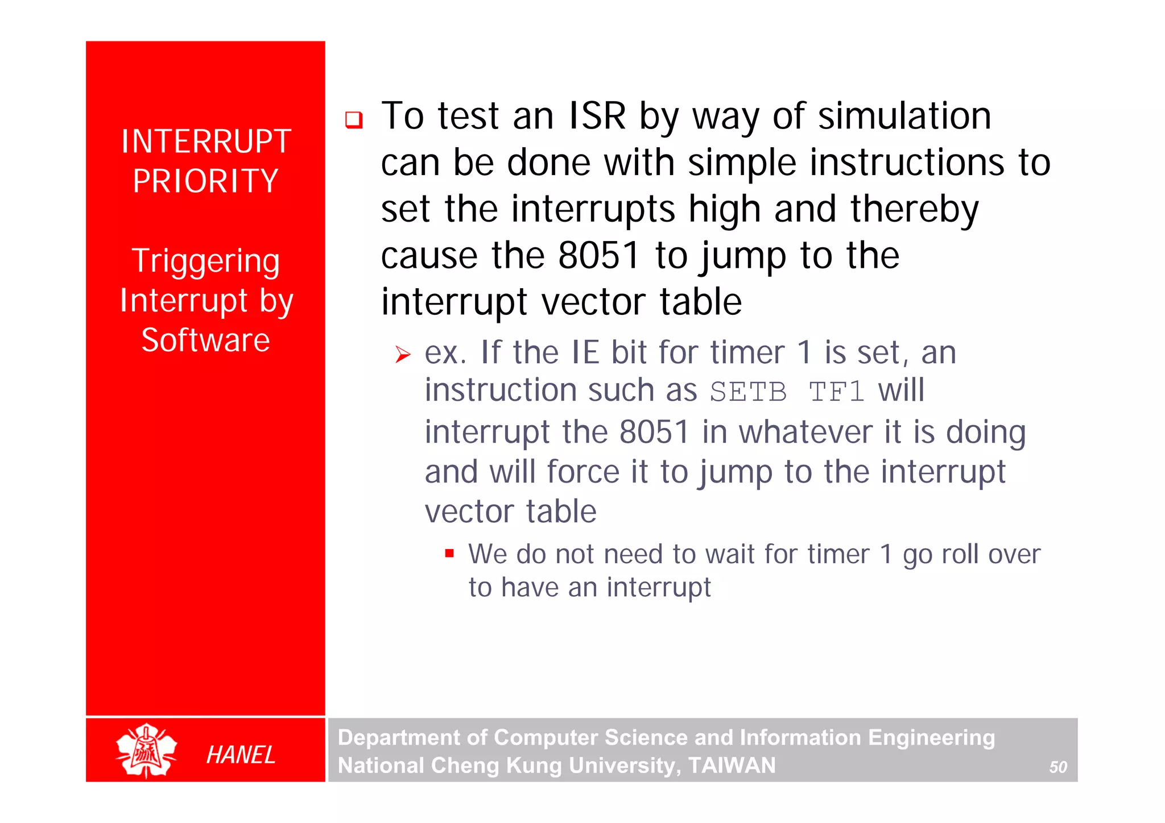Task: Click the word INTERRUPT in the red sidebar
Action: (x=206, y=142)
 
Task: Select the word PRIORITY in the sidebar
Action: (x=205, y=181)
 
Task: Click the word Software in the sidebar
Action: (x=205, y=340)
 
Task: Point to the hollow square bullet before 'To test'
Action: (x=354, y=120)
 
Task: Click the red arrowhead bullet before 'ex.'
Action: (x=403, y=355)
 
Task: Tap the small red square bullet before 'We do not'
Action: (x=449, y=553)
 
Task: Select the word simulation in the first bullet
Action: (x=904, y=117)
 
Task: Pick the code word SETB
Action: (x=748, y=392)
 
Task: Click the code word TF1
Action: (x=836, y=392)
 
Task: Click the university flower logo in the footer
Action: (x=146, y=751)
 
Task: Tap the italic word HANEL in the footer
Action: (x=241, y=755)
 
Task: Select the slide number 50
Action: (x=1057, y=767)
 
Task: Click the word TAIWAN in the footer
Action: (x=732, y=766)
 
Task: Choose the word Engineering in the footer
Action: (x=931, y=737)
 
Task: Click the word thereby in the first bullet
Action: (x=914, y=210)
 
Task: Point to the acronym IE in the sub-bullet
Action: (x=585, y=352)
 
